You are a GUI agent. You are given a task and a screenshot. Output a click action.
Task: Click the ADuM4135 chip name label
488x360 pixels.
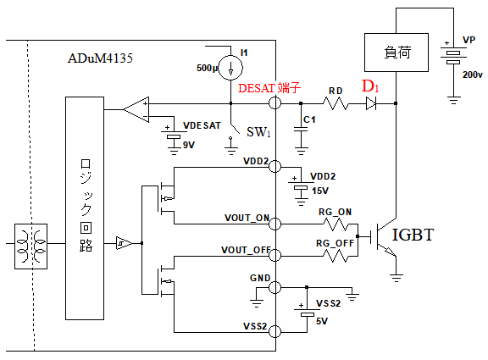[100, 58]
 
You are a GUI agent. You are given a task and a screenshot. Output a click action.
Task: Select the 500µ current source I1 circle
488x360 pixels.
[230, 68]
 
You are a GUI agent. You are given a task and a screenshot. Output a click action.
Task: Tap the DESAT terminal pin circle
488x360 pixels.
[274, 103]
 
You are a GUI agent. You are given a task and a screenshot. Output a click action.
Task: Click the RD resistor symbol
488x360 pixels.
[335, 103]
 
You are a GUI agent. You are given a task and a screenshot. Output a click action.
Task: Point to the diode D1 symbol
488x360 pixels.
[371, 103]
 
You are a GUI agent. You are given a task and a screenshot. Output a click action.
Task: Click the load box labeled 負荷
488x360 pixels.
[396, 53]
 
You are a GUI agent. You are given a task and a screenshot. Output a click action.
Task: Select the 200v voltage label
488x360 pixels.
[472, 75]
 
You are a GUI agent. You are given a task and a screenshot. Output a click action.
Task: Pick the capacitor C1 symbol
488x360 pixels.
[301, 130]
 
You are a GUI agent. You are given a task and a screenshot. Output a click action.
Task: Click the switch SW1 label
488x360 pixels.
[258, 132]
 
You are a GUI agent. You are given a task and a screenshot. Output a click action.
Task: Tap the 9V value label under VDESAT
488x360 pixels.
[189, 145]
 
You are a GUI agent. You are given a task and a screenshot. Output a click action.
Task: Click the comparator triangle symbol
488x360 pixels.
[136, 109]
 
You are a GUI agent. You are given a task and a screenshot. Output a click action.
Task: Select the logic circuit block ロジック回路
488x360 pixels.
[85, 208]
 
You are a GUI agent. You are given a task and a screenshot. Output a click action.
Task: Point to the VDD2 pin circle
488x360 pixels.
[274, 166]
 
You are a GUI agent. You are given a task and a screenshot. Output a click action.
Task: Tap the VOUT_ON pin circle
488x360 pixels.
[274, 224]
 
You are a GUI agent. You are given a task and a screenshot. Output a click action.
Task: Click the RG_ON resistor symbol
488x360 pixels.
[336, 224]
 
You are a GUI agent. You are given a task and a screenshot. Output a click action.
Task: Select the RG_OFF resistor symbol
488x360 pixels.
[336, 256]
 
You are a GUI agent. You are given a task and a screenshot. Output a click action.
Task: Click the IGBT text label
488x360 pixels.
[413, 235]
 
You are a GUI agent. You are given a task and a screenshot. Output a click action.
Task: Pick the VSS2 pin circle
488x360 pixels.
[274, 331]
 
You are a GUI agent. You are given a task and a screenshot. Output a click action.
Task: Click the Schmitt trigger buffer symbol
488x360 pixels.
[124, 243]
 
